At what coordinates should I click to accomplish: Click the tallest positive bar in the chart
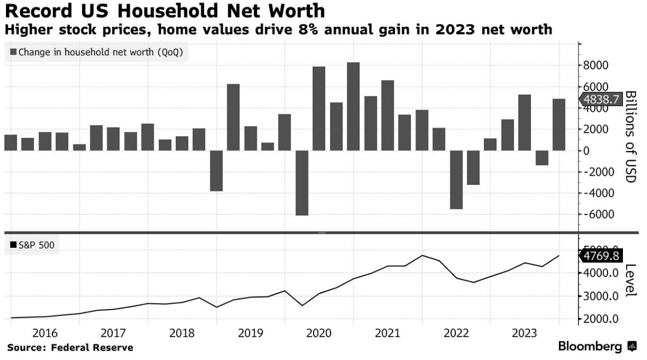coord(354,106)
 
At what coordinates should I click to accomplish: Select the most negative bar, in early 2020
coord(302,183)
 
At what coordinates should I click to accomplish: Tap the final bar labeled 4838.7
coord(559,125)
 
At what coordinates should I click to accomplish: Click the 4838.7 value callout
coord(600,100)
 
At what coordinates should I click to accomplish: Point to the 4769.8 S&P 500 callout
coord(600,256)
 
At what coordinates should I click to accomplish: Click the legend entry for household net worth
coord(97,53)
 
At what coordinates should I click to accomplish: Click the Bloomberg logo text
coord(590,347)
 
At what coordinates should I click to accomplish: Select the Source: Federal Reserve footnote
coord(70,347)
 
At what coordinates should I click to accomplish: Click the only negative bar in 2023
coord(542,158)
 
